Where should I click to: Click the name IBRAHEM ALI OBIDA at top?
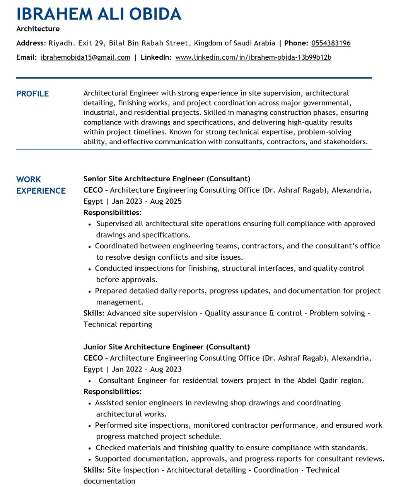click(x=99, y=14)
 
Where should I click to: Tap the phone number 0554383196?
click(x=331, y=43)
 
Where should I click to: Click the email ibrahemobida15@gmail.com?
click(x=85, y=57)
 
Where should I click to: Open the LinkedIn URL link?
click(x=253, y=57)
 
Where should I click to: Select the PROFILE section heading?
click(x=32, y=94)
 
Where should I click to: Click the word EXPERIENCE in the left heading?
click(x=41, y=191)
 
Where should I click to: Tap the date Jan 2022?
click(x=127, y=369)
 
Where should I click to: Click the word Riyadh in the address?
click(x=61, y=43)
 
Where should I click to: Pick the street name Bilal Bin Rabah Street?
click(x=148, y=43)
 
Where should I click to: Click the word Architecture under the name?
click(x=38, y=29)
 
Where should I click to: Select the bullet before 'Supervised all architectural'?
click(x=90, y=224)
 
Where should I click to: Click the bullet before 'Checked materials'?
click(x=90, y=448)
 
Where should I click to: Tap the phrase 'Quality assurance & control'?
click(x=253, y=313)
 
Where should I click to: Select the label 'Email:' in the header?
click(x=26, y=57)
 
